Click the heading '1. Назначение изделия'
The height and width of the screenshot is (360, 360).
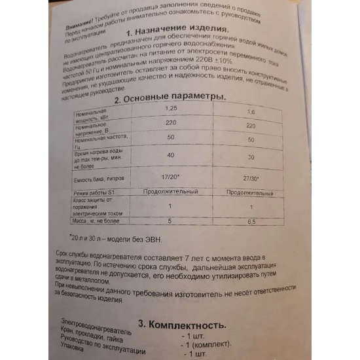point(177,31)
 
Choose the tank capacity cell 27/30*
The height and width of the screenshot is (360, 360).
point(249,178)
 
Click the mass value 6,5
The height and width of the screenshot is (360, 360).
point(249,222)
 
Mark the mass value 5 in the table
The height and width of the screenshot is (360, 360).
point(170,221)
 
